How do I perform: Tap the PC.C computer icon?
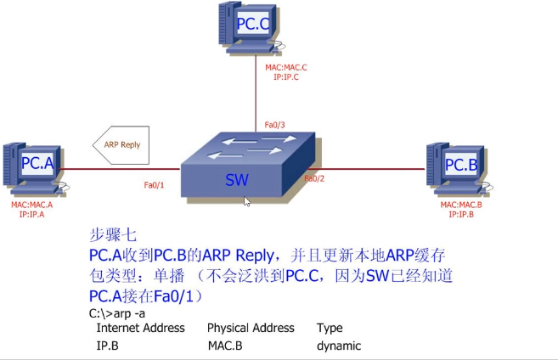(x=251, y=28)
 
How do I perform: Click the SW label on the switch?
(x=237, y=180)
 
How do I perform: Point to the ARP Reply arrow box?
(x=120, y=144)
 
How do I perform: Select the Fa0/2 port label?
(x=314, y=178)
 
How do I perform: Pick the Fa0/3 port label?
(x=274, y=125)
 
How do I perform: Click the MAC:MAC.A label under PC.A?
(x=31, y=205)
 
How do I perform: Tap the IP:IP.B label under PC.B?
(x=460, y=214)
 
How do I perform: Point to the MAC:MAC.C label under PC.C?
(x=285, y=66)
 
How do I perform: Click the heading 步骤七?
(x=113, y=234)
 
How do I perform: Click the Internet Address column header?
(x=140, y=328)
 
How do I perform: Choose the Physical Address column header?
(x=251, y=328)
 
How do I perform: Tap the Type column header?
(x=330, y=328)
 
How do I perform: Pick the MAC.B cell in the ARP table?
(x=225, y=346)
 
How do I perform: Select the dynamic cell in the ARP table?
(x=339, y=346)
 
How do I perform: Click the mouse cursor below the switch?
(x=246, y=202)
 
